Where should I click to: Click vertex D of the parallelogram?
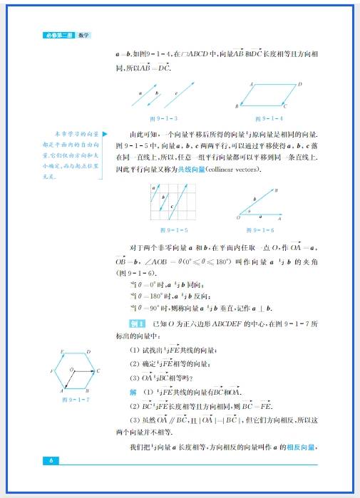pyautogui.click(x=299, y=84)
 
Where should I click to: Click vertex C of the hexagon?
pyautogui.click(x=98, y=371)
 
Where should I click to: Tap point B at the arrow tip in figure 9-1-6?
pyautogui.click(x=276, y=190)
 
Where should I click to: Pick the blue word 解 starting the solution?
pyautogui.click(x=132, y=392)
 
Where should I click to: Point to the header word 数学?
pyautogui.click(x=83, y=34)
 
